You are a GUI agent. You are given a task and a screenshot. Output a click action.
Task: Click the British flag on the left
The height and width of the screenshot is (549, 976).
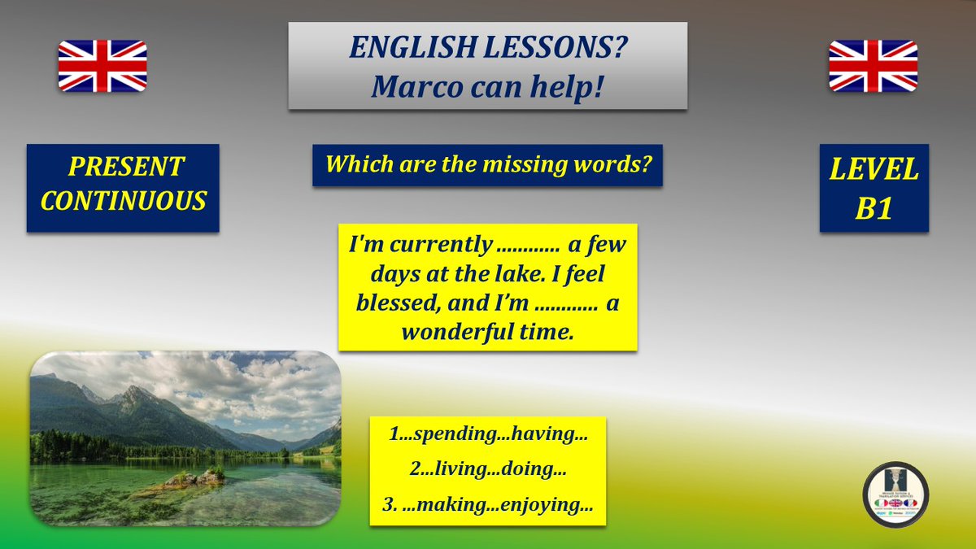coord(102,66)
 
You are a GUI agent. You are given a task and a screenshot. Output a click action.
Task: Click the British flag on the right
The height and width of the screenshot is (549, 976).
coord(873,66)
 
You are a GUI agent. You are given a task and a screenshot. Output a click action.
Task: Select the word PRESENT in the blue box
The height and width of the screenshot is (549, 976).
coord(126,167)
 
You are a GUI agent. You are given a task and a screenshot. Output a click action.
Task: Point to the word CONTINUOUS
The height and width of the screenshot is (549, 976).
coord(124,201)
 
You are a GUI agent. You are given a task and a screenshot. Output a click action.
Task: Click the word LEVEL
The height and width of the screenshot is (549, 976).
coord(874,170)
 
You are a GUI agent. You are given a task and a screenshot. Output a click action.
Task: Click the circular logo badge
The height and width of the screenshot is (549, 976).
coord(895,495)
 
